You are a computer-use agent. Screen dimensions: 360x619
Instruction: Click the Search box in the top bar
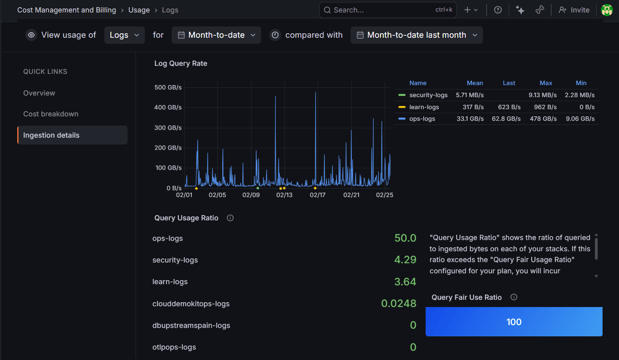381,10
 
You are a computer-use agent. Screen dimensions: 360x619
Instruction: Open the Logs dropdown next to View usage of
124,35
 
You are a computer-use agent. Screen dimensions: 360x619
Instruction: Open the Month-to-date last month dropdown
416,35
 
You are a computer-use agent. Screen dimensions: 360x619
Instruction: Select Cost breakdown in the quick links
51,114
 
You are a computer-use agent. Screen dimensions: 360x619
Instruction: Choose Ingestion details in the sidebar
51,135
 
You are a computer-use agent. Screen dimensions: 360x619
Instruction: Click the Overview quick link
39,93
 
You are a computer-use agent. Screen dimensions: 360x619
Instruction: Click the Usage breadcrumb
139,10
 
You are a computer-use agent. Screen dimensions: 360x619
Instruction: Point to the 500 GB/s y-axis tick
168,87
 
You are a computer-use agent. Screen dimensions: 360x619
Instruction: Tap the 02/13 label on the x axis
284,195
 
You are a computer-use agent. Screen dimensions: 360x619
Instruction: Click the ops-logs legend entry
422,119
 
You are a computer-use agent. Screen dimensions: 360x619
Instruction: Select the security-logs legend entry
428,95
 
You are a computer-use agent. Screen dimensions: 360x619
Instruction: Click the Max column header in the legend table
546,83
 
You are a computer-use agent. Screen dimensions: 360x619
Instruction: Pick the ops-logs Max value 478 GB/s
543,119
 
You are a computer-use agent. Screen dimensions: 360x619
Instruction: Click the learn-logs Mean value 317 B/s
473,107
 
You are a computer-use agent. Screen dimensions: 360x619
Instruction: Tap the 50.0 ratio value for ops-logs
405,238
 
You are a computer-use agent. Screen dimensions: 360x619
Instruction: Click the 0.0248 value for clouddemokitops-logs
398,303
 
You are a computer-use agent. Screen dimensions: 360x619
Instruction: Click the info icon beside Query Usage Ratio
230,218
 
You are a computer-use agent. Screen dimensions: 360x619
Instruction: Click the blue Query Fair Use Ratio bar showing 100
514,322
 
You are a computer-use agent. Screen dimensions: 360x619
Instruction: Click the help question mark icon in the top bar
498,10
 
